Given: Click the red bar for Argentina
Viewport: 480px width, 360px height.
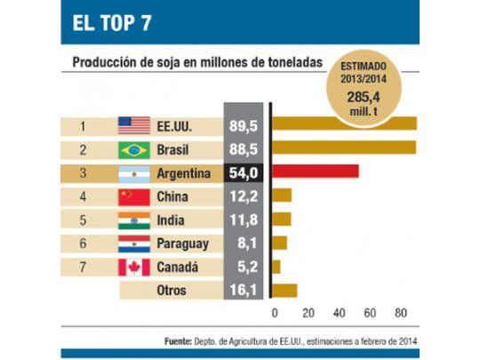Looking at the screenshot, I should click(315, 172).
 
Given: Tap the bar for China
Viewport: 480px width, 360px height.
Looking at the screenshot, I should click(282, 196).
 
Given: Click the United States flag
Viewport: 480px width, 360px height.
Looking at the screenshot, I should click(134, 125).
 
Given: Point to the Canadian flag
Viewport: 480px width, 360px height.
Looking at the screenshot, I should click(134, 267).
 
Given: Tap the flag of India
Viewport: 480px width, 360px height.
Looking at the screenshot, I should click(134, 220).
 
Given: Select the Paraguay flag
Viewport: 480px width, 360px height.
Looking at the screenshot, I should click(134, 243).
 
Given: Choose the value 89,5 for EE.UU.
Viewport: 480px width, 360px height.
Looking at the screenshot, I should click(243, 125).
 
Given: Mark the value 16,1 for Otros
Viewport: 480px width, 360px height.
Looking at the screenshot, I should click(243, 290).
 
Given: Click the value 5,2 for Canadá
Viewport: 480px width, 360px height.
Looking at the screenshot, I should click(243, 267).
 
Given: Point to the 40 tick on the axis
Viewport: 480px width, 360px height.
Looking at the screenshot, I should click(339, 313).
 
